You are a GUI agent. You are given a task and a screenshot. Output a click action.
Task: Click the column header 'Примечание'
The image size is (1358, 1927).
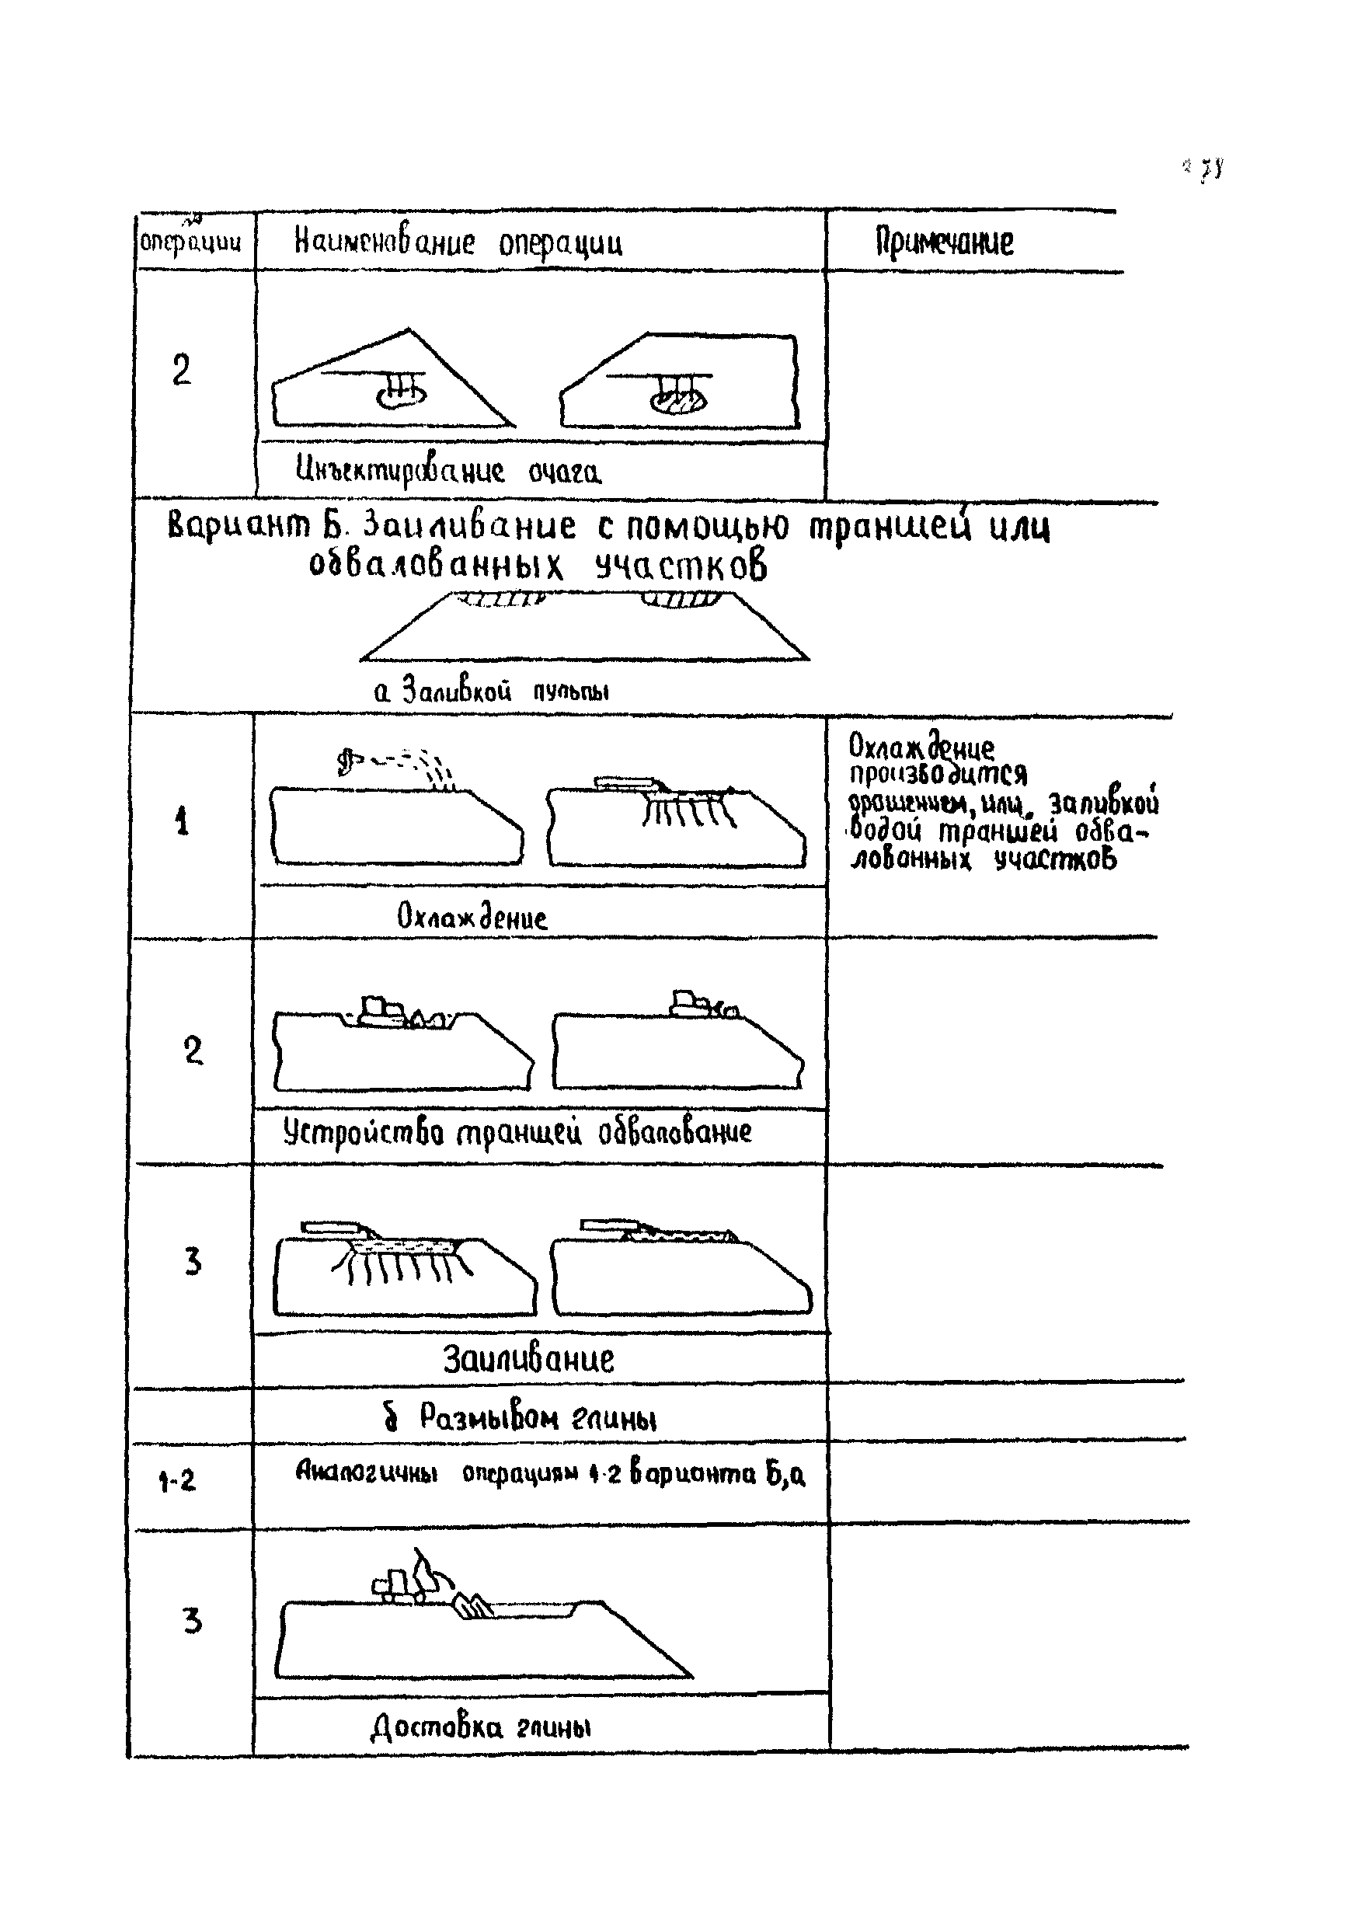[944, 242]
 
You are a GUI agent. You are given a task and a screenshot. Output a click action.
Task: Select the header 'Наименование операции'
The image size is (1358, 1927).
[458, 242]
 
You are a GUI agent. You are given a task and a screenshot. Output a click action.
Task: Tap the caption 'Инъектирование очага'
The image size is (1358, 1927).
[448, 472]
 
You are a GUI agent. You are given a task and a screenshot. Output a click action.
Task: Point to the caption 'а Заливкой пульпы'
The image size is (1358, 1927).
[491, 691]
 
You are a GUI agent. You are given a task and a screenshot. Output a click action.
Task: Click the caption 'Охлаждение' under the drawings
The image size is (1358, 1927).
[472, 917]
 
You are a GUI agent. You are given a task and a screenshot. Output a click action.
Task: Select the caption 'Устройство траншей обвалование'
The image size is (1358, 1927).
[517, 1133]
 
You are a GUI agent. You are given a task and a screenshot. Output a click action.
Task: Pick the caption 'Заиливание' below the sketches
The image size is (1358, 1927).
[528, 1359]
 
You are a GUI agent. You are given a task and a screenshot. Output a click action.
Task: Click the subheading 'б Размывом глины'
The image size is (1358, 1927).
[521, 1417]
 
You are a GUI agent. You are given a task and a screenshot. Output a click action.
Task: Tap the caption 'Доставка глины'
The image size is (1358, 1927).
[481, 1727]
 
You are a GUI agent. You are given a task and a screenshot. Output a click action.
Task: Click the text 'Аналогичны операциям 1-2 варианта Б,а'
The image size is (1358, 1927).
[550, 1473]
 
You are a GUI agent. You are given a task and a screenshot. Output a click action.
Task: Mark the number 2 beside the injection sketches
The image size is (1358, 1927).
[181, 370]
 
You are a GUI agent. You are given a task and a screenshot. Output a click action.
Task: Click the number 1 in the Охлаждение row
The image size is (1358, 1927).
[182, 821]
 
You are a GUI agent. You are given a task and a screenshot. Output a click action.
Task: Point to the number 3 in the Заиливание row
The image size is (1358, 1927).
[193, 1261]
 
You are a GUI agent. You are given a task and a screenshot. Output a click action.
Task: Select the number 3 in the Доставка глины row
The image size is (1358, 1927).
[193, 1621]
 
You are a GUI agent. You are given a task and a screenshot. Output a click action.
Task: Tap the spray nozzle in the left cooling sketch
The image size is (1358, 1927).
[346, 762]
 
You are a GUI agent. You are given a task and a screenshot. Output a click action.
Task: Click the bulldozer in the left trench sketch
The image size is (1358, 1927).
[379, 1012]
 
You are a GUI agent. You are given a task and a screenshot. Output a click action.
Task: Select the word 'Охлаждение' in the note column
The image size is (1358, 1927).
[921, 746]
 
